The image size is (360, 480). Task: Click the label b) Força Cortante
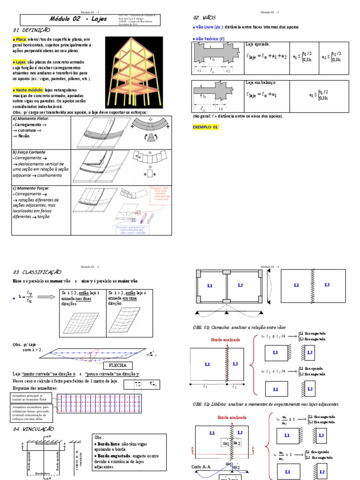pyautogui.click(x=30, y=152)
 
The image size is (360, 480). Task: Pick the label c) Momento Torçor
pyautogui.click(x=31, y=188)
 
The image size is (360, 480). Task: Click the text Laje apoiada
pyautogui.click(x=257, y=44)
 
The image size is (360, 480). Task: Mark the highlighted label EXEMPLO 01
pyautogui.click(x=206, y=127)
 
